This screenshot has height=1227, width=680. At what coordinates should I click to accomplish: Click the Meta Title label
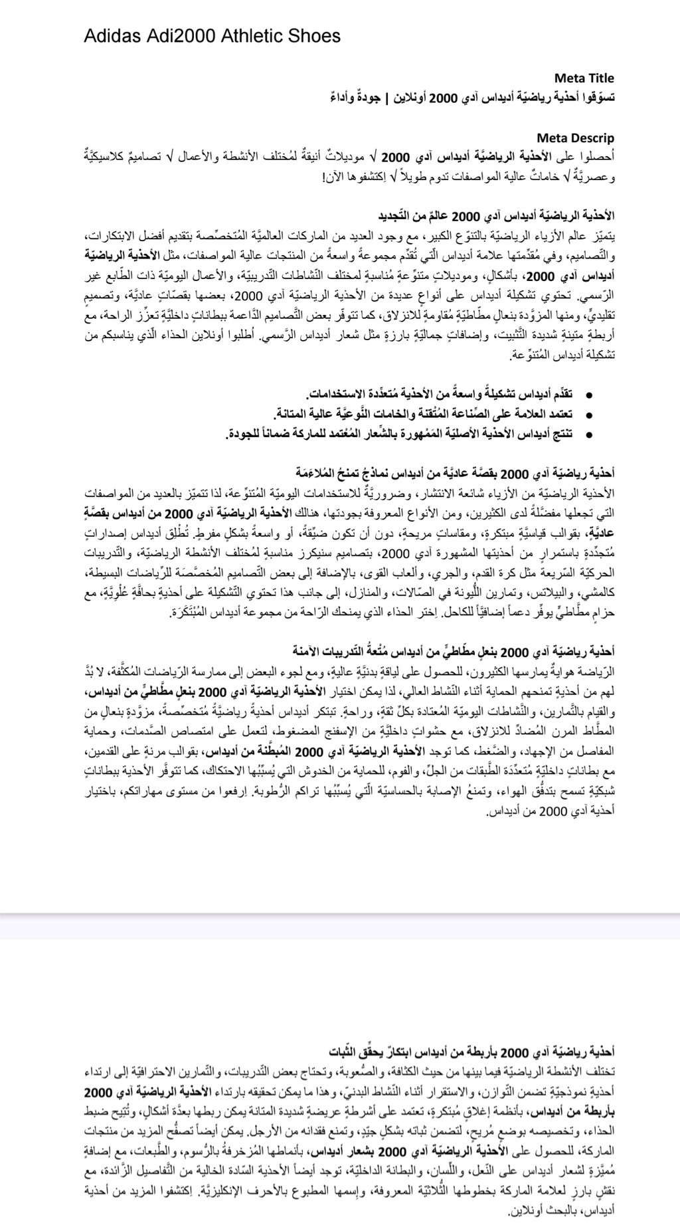tap(584, 78)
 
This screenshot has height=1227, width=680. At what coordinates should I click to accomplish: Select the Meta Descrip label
tap(575, 138)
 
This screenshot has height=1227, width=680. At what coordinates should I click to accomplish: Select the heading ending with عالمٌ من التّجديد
tap(496, 216)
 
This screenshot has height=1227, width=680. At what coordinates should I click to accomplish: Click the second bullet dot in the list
tap(588, 415)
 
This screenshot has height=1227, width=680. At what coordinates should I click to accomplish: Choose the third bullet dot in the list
tap(588, 435)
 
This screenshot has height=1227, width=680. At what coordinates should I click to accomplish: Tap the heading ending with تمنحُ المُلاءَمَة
tap(455, 474)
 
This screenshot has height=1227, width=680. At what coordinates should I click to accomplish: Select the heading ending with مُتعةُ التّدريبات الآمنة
tap(454, 650)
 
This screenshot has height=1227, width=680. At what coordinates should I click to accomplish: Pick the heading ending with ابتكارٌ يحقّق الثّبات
tap(472, 1053)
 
